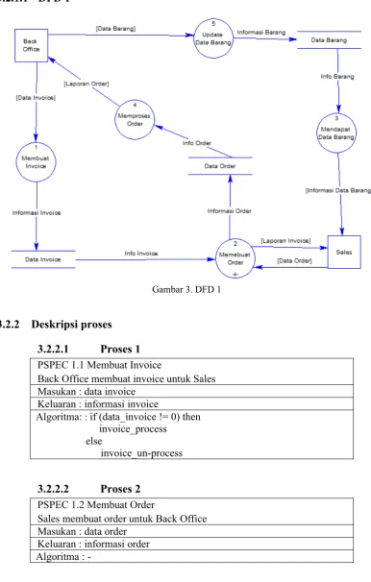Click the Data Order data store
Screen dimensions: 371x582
[220, 166]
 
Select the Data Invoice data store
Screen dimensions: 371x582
[43, 259]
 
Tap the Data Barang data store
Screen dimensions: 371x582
[329, 39]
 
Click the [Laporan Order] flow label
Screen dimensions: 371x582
[87, 84]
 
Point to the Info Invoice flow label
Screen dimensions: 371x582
[141, 254]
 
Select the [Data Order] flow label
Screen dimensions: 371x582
[294, 260]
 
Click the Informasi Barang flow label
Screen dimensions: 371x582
[261, 33]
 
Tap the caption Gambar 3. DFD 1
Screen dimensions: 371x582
[186, 289]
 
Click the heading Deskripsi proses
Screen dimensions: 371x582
[71, 325]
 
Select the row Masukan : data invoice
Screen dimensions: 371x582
[87, 391]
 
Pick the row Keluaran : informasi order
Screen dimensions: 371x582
[93, 544]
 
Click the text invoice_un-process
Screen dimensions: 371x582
[141, 453]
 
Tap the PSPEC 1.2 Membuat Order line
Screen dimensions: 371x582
[96, 505]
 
